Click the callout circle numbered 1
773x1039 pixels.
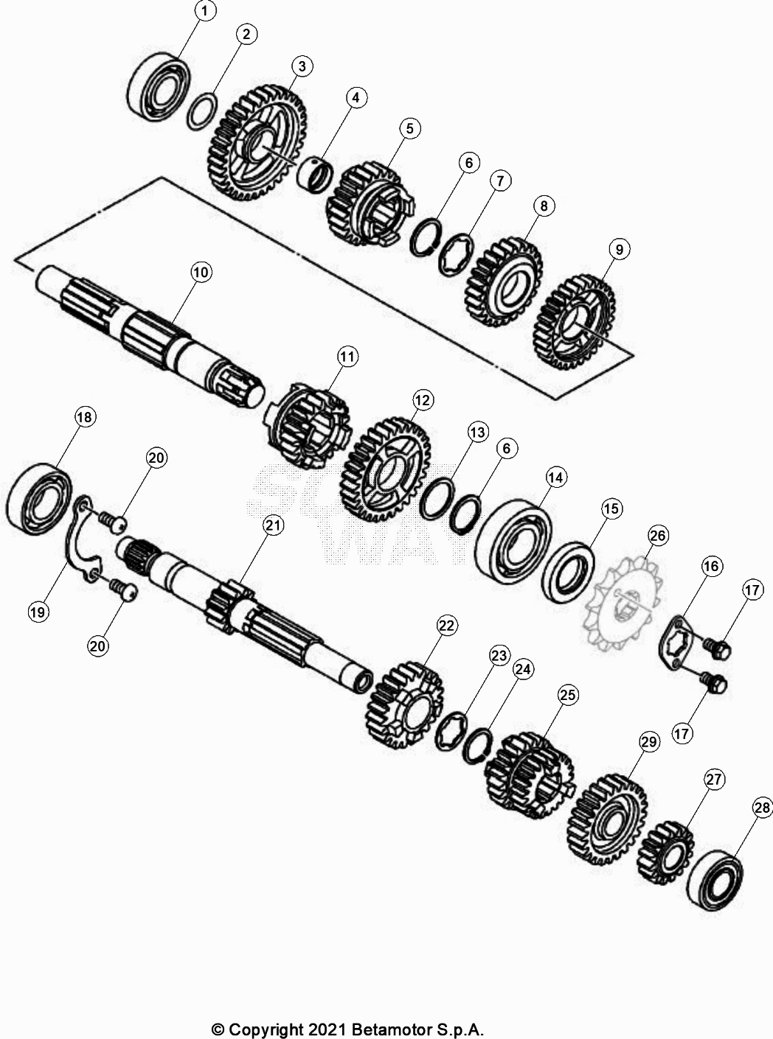(205, 11)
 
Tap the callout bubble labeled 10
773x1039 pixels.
(200, 272)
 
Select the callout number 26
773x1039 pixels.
(658, 536)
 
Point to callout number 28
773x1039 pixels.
(763, 808)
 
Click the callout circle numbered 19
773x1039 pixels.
(38, 611)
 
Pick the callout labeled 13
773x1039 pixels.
(477, 431)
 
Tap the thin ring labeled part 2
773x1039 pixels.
(201, 111)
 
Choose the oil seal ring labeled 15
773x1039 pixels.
(568, 573)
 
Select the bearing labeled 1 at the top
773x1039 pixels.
(159, 85)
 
